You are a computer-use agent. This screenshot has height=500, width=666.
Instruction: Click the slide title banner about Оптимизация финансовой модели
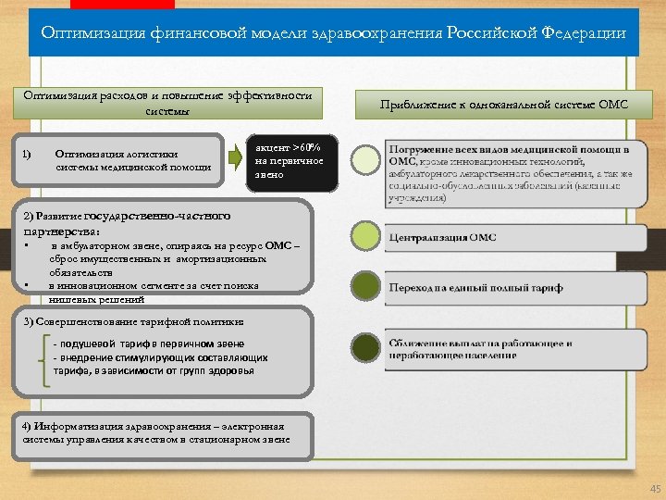tap(333, 33)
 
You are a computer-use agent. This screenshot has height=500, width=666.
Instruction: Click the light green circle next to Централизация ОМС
tap(367, 236)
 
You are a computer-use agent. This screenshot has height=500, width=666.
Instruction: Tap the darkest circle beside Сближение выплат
tap(367, 348)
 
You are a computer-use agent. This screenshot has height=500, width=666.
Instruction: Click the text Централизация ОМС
tap(442, 238)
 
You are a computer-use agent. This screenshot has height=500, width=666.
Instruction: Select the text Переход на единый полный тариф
tap(475, 288)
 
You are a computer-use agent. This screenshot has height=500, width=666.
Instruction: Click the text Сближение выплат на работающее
tap(480, 344)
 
